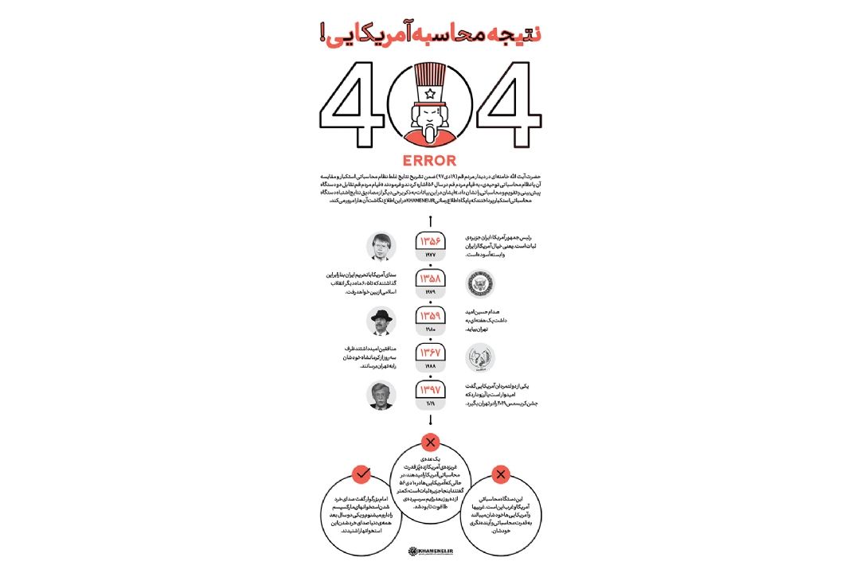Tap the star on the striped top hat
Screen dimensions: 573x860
pyautogui.click(x=430, y=93)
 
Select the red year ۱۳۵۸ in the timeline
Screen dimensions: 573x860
pyautogui.click(x=430, y=281)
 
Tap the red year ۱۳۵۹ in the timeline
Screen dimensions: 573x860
pyautogui.click(x=430, y=318)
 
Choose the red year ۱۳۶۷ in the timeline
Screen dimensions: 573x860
pyautogui.click(x=430, y=353)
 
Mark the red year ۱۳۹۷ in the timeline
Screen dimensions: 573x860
pyautogui.click(x=430, y=390)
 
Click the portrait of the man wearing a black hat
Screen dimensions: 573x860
pyautogui.click(x=381, y=322)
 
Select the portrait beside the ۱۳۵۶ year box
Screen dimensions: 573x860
pyautogui.click(x=381, y=246)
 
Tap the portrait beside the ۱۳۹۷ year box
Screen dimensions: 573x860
pyautogui.click(x=381, y=396)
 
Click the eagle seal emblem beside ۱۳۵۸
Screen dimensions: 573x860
pyautogui.click(x=480, y=283)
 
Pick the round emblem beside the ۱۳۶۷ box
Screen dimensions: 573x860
pyautogui.click(x=480, y=357)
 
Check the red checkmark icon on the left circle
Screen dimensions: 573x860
pyautogui.click(x=362, y=474)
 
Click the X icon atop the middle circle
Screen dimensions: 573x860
pyautogui.click(x=431, y=442)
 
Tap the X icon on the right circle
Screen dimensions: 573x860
pyautogui.click(x=500, y=475)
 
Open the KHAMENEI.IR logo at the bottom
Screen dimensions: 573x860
pyautogui.click(x=430, y=550)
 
